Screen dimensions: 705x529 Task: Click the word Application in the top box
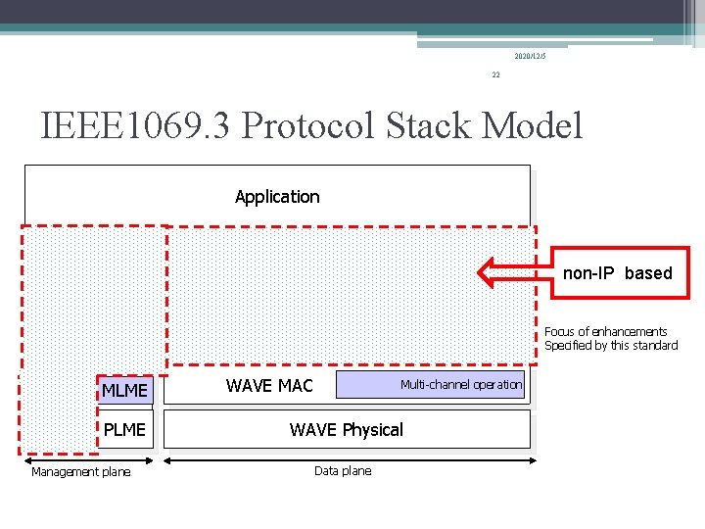277,197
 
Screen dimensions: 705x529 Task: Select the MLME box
124,391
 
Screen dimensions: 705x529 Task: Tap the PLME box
124,429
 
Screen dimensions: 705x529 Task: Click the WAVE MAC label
269,386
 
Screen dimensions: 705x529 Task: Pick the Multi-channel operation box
431,385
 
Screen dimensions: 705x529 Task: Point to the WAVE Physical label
346,429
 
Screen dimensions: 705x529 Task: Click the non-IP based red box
617,272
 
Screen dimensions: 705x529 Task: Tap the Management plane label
80,472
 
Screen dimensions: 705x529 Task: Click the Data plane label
343,471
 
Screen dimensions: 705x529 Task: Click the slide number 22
495,74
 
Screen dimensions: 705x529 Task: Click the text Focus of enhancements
605,332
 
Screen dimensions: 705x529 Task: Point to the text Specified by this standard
611,346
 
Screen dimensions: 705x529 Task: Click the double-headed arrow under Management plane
88,457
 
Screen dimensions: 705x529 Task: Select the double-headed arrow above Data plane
347,457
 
